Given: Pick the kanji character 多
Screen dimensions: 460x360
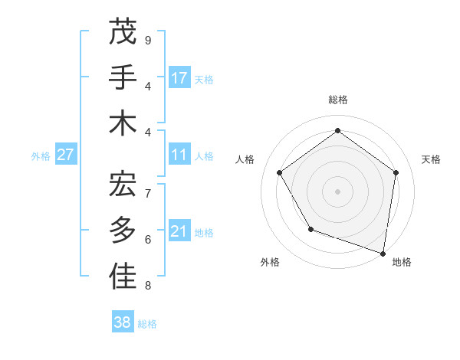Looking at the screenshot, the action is [x=123, y=231].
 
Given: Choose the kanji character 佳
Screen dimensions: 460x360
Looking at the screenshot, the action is [x=123, y=277].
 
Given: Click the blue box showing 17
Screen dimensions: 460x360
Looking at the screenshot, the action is [x=179, y=78].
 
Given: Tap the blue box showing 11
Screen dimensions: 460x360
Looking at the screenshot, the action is [x=179, y=155].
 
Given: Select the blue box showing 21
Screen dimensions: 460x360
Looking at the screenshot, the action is [x=179, y=232].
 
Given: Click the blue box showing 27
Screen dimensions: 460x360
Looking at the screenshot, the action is [x=66, y=155].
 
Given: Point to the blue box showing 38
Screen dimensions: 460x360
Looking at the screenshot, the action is [x=123, y=322].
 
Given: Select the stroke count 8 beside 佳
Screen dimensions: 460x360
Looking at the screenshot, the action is [x=148, y=286].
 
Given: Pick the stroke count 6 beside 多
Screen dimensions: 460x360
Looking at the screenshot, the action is [x=148, y=239].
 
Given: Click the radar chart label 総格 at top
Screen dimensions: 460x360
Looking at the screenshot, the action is [x=337, y=100].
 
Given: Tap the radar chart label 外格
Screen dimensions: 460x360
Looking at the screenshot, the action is [x=270, y=263].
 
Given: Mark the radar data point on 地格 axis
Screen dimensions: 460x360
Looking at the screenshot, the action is [x=383, y=252].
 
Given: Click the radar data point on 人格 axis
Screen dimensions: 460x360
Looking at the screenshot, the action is [x=280, y=173].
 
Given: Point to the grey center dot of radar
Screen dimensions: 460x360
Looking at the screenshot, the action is [x=337, y=191].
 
